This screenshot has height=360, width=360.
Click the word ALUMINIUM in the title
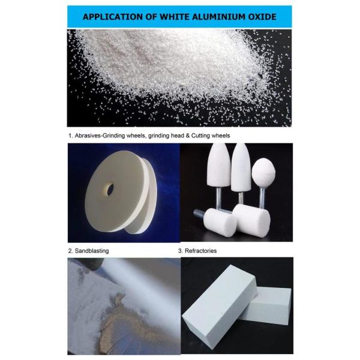pos(218,17)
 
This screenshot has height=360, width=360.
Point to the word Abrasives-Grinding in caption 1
pos(100,136)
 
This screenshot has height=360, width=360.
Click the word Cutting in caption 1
pos(200,136)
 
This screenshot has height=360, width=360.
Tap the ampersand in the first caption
pos(188,136)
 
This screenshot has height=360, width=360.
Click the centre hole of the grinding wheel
pos(110,189)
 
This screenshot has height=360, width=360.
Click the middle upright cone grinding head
pos(241,167)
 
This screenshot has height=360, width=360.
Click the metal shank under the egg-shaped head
pos(262,197)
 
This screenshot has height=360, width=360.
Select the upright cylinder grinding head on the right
pos(251,220)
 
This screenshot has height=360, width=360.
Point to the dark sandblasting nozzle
pos(91,263)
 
